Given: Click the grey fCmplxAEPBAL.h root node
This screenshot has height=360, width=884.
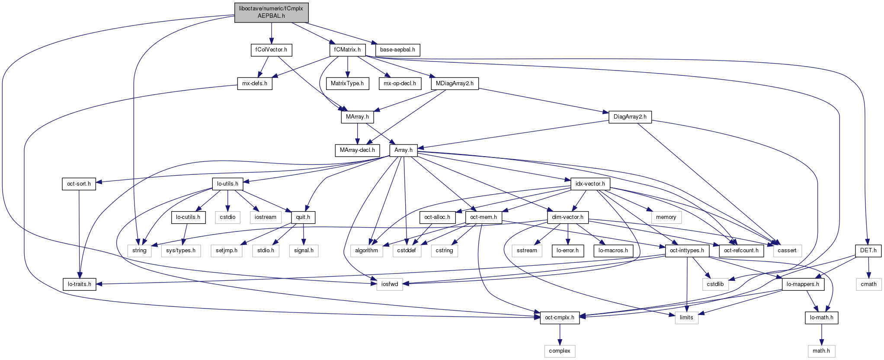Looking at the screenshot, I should pyautogui.click(x=271, y=12).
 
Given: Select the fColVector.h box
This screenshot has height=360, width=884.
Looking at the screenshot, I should pyautogui.click(x=271, y=50).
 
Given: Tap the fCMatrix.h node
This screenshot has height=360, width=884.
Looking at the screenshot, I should pyautogui.click(x=347, y=50).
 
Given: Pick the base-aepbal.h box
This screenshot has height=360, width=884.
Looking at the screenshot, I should pyautogui.click(x=397, y=50).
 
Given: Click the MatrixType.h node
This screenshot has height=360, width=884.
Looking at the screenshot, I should pyautogui.click(x=347, y=84).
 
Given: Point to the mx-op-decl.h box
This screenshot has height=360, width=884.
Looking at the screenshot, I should pyautogui.click(x=400, y=84).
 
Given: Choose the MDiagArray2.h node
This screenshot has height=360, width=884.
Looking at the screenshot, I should pyautogui.click(x=455, y=84).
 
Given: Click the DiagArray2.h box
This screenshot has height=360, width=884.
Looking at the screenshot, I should pyautogui.click(x=630, y=117).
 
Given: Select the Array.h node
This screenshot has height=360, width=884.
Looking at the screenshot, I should pyautogui.click(x=403, y=150).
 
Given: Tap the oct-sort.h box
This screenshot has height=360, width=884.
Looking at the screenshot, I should pyautogui.click(x=79, y=184).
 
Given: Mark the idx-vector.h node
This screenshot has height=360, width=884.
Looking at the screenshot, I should pyautogui.click(x=590, y=184).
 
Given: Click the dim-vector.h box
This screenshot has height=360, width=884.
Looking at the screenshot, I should pyautogui.click(x=567, y=217).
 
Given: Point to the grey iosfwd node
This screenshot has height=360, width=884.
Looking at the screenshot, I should pyautogui.click(x=390, y=284).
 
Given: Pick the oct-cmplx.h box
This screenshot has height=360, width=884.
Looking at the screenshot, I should pyautogui.click(x=560, y=318).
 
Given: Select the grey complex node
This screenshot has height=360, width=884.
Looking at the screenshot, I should pyautogui.click(x=560, y=351).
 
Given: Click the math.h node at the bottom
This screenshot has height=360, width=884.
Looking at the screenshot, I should pyautogui.click(x=821, y=351).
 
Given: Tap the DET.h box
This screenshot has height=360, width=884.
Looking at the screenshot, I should pyautogui.click(x=868, y=251).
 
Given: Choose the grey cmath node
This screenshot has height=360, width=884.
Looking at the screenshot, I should pyautogui.click(x=868, y=284).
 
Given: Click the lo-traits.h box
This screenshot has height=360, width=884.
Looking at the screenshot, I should pyautogui.click(x=79, y=284).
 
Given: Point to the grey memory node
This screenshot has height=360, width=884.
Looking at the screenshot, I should pyautogui.click(x=666, y=217).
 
